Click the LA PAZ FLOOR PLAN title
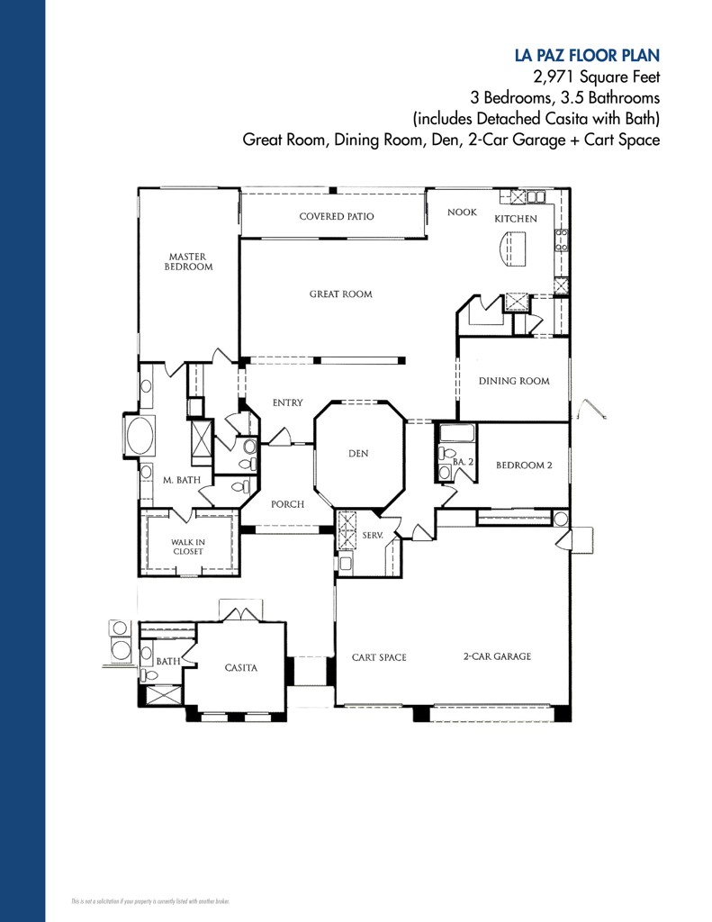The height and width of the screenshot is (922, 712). (587, 55)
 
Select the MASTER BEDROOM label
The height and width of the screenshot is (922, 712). (188, 262)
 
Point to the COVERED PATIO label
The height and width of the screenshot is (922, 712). (336, 216)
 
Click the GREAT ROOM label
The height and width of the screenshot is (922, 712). (340, 294)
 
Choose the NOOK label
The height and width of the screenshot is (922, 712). (462, 212)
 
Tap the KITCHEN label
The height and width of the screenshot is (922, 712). (515, 219)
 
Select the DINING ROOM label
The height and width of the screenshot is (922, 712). (513, 381)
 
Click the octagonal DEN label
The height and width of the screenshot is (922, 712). (358, 454)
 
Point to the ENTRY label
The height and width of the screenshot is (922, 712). (287, 402)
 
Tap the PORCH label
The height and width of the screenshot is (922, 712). (287, 504)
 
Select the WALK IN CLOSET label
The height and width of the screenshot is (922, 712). (188, 547)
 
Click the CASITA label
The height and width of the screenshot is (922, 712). (240, 668)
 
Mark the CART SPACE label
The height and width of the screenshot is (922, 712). (378, 657)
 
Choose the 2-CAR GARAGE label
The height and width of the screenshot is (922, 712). (497, 656)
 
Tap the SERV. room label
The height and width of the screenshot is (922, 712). (373, 535)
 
